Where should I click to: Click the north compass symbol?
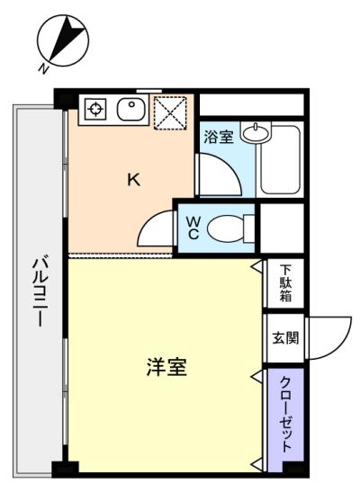pyautogui.click(x=63, y=40)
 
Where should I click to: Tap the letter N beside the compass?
pyautogui.click(x=43, y=68)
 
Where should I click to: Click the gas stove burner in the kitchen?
pyautogui.click(x=95, y=109)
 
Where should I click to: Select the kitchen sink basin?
pyautogui.click(x=131, y=109)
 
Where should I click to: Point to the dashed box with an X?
pyautogui.click(x=170, y=112)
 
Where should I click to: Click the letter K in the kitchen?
pyautogui.click(x=134, y=180)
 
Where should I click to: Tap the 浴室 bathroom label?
pyautogui.click(x=219, y=137)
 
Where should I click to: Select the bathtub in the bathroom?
pyautogui.click(x=281, y=160)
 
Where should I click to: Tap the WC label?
pyautogui.click(x=193, y=228)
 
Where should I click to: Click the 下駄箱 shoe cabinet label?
pyautogui.click(x=285, y=283)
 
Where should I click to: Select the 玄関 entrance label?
pyautogui.click(x=285, y=338)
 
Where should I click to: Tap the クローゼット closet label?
pyautogui.click(x=286, y=415)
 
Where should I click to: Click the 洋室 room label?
pyautogui.click(x=166, y=367)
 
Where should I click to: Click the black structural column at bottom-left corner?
pyautogui.click(x=65, y=470)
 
